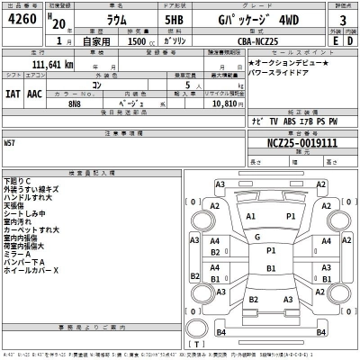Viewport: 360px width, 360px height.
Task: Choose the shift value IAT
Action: [13, 92]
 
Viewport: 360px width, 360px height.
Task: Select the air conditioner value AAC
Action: [34, 92]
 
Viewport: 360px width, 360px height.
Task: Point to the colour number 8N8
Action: [75, 104]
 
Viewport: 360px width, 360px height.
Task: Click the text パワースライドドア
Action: [287, 75]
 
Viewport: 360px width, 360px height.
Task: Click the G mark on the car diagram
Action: [257, 237]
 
